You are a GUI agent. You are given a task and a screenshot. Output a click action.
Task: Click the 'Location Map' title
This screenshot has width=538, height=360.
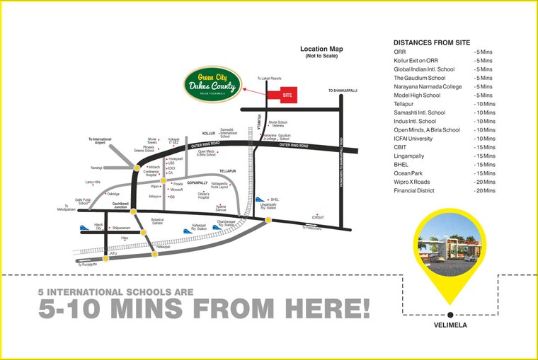(x=321, y=50)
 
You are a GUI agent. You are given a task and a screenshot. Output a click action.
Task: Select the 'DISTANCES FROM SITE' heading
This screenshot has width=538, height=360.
(x=432, y=42)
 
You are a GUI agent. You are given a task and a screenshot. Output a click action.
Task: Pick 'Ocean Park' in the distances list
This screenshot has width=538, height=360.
(x=411, y=173)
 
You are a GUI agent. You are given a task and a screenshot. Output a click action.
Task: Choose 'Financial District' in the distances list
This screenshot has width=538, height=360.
(x=418, y=191)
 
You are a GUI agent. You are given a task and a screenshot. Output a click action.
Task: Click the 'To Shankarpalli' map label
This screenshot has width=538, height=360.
(x=340, y=91)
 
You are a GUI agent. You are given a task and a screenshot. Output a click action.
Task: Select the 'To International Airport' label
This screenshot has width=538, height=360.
(x=101, y=141)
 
